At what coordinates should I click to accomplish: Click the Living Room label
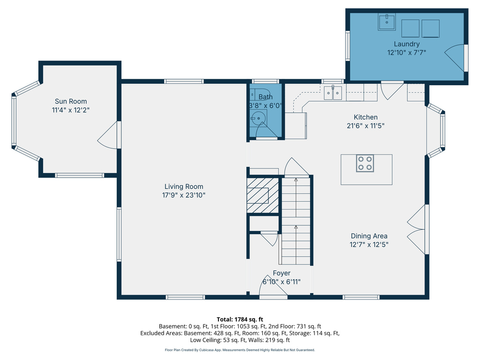coord(184,187)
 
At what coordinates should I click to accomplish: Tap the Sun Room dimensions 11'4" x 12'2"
coord(71,110)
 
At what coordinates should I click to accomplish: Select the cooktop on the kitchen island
coord(365,163)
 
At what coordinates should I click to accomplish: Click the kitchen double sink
coord(333,92)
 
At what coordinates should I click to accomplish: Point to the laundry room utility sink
coord(387,22)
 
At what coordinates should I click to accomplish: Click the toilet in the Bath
coord(259,95)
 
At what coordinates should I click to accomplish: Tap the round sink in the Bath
coord(258,118)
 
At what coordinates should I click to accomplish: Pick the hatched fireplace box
coord(262,195)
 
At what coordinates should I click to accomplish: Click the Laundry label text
coord(406,44)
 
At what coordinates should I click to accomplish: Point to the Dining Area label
coord(369,236)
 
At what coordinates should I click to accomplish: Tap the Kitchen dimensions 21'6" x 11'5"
coord(366,126)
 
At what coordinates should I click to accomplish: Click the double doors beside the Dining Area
coord(416,229)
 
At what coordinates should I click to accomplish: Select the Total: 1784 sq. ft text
coord(240,320)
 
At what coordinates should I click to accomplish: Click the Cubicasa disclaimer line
coord(240,350)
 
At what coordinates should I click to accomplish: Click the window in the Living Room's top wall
coord(184,81)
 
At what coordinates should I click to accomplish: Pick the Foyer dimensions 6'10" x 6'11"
coord(282,282)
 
